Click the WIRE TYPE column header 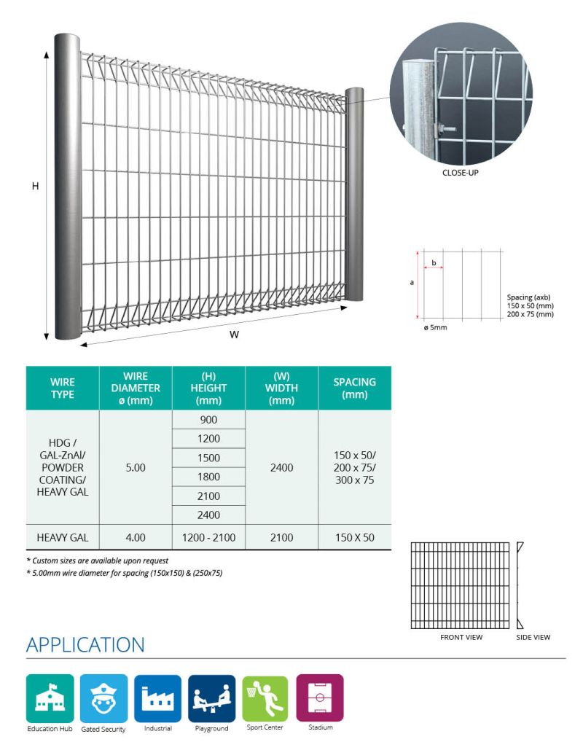point(63,388)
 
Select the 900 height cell point(208,420)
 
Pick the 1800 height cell point(208,477)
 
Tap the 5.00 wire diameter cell point(136,467)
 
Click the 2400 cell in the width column point(281,467)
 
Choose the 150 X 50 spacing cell point(354,537)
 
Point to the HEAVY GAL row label point(63,537)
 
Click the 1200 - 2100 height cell point(208,537)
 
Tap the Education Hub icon point(50,698)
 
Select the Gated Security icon point(103,698)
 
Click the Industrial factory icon point(157,698)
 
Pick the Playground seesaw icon point(211,698)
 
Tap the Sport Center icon point(265,698)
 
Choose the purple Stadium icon point(319,698)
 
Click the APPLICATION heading point(85,645)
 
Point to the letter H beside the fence point(34,187)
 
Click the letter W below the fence point(234,335)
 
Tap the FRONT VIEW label point(461,637)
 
